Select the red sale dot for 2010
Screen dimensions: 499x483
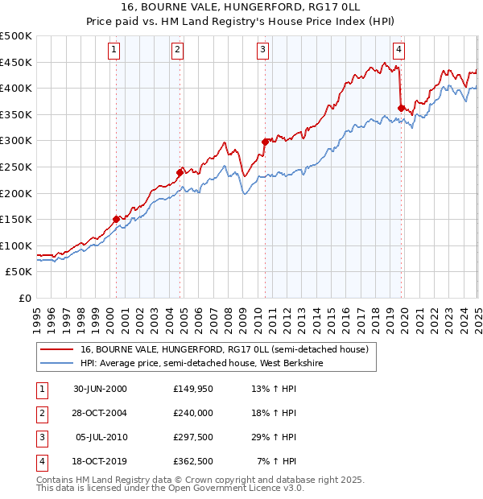[264, 142]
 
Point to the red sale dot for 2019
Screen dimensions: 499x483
[401, 107]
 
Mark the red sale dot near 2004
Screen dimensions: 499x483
[180, 171]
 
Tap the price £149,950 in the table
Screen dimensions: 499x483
[192, 389]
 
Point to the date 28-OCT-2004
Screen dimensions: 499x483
[100, 413]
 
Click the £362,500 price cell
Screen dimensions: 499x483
[192, 461]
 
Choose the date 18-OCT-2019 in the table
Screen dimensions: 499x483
[100, 461]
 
